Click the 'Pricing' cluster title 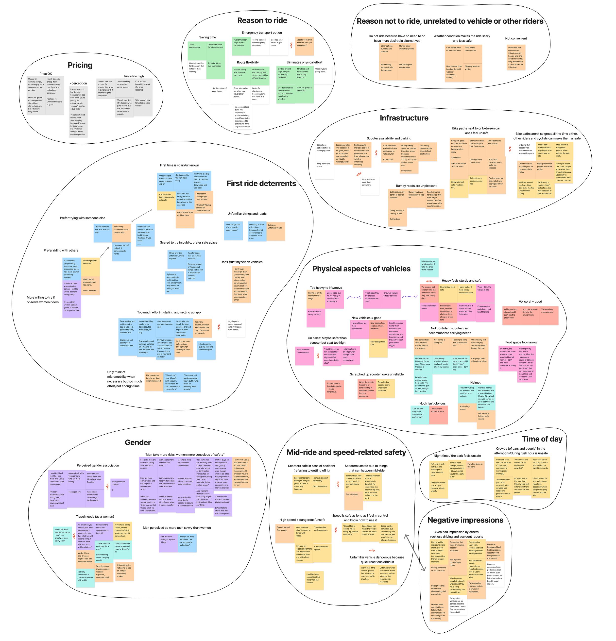coord(80,65)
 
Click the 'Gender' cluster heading coord(138,442)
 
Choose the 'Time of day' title coord(542,439)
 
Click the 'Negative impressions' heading coord(465,520)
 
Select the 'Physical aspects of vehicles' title coord(361,269)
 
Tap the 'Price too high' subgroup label coord(134,76)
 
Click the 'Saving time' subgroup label coord(207,37)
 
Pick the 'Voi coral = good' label coord(530,302)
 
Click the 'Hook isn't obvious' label coord(432,403)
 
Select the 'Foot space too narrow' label coord(521,342)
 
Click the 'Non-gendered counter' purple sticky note coord(120,488)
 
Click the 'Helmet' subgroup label coord(475,382)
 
